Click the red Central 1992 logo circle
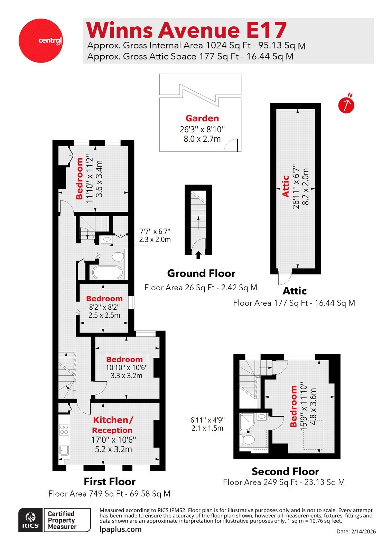click(40, 40)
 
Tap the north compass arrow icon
click(346, 104)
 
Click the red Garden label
click(202, 118)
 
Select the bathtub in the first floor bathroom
click(107, 272)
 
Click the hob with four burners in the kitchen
click(64, 429)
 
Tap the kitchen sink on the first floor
click(64, 450)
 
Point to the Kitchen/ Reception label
click(112, 425)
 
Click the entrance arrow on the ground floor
click(198, 255)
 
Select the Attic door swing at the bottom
click(285, 277)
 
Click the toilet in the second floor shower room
click(247, 440)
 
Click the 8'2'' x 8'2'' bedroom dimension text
click(104, 307)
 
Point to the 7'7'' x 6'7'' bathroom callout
click(155, 235)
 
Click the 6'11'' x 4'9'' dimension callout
click(207, 424)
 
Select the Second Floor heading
click(285, 471)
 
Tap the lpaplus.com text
click(120, 529)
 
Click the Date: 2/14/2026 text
click(356, 532)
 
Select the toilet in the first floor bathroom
click(118, 257)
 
